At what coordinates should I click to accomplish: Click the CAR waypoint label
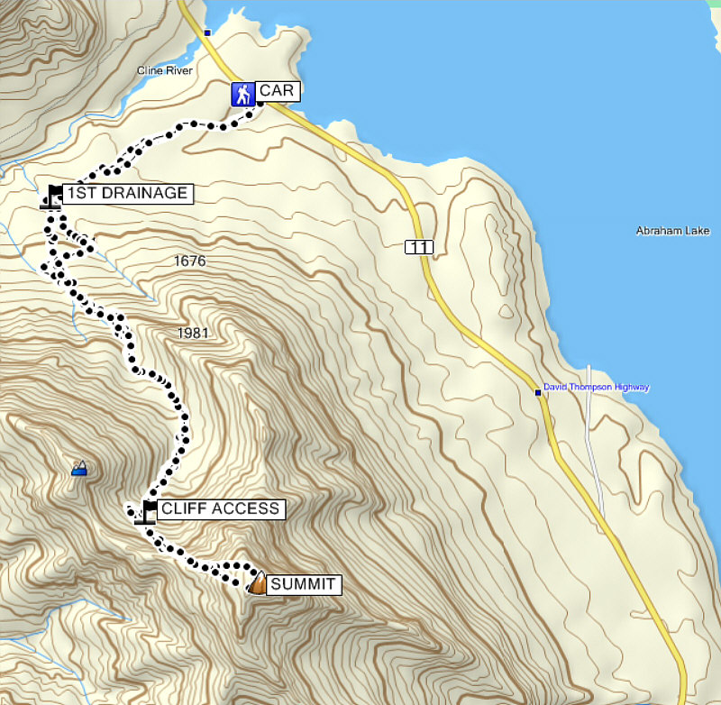point(277,91)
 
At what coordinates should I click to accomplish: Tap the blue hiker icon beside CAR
point(242,94)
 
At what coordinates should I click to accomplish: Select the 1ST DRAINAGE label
point(127,193)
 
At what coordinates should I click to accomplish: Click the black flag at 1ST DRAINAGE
point(53,196)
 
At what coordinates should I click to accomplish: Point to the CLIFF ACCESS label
point(220,509)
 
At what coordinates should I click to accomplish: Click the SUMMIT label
point(304,585)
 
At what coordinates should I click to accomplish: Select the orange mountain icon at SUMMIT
point(258,583)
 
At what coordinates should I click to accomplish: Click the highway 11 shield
point(414,246)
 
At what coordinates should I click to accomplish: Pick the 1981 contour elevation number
point(193,334)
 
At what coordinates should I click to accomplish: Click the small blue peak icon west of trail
point(80,467)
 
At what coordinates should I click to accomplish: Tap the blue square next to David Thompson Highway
point(538,392)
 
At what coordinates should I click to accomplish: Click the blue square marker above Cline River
point(207,32)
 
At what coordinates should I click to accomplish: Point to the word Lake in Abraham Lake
point(697,231)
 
